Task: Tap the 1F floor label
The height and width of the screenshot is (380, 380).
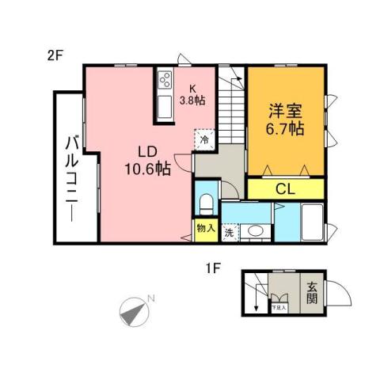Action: coord(211,268)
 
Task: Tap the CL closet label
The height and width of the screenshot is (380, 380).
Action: coord(285,188)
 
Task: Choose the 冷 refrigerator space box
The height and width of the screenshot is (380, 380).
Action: coord(203,139)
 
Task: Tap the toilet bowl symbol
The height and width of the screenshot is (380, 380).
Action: coord(206,203)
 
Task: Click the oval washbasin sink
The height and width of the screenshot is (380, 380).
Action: coord(256,232)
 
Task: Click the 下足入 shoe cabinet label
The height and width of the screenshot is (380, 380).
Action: coord(279,306)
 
